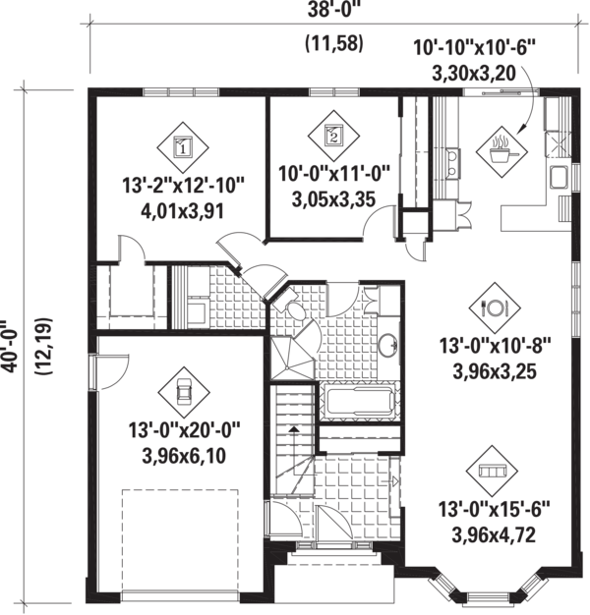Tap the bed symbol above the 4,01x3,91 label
point(183,148)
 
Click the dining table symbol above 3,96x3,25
point(493,307)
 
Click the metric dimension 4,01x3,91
point(183,209)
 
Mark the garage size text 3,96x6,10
point(184,455)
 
